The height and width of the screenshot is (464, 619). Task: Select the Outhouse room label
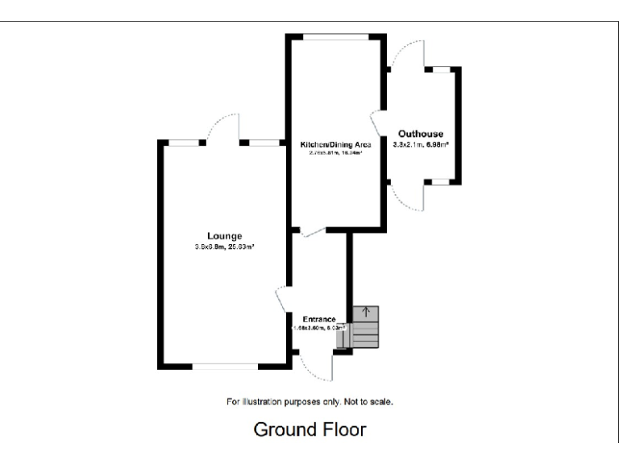tap(420, 134)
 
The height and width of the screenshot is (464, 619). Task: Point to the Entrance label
tap(319, 319)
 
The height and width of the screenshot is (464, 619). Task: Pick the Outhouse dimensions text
tap(421, 145)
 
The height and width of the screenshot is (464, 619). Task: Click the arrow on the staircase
tap(367, 311)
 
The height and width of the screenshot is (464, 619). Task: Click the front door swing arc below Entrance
tap(314, 367)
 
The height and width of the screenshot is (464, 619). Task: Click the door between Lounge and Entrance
tap(281, 300)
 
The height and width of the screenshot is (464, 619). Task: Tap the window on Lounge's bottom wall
tap(225, 367)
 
